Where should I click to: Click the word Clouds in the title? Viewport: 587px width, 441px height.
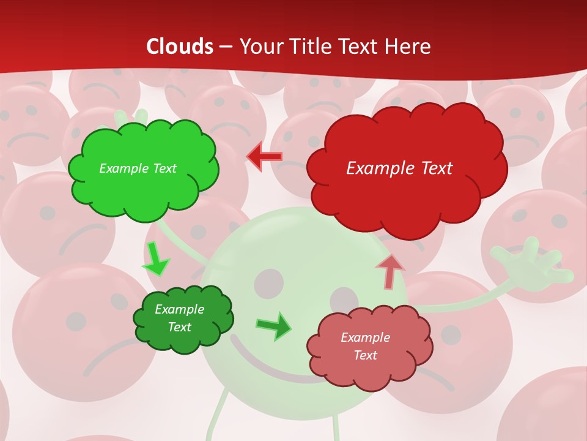click(180, 47)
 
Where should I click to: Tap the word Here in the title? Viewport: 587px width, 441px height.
click(409, 47)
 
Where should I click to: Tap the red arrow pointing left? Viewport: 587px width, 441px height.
click(264, 156)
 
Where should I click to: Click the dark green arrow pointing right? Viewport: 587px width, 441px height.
click(273, 326)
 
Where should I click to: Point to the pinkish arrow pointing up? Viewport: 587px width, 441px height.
click(389, 271)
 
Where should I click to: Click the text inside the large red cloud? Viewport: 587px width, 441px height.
click(399, 168)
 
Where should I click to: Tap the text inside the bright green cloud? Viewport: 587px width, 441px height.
click(138, 168)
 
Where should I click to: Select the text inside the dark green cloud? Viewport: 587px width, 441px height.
click(180, 318)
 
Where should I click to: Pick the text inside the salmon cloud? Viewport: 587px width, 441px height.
click(365, 346)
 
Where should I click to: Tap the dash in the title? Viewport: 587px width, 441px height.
click(226, 47)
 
